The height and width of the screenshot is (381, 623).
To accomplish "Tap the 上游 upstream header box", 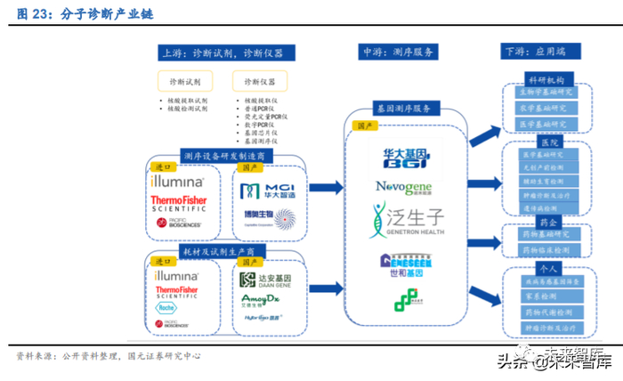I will [x=220, y=53].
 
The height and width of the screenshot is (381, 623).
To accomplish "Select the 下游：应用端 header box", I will [x=541, y=53].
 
